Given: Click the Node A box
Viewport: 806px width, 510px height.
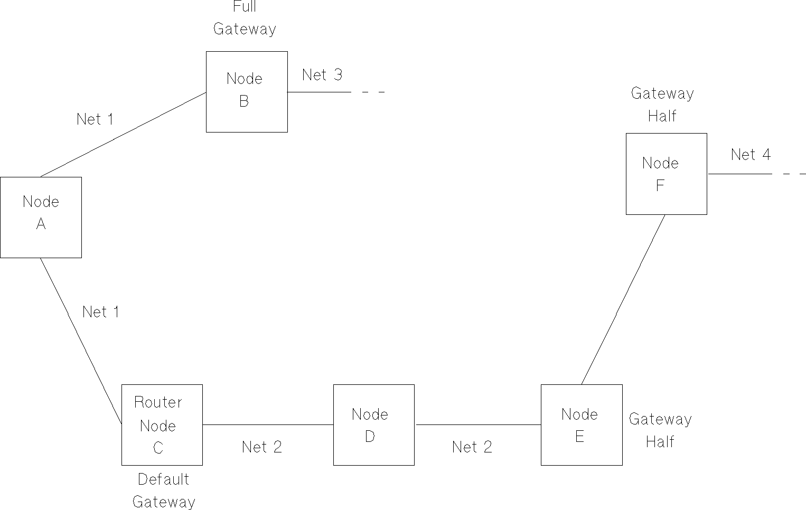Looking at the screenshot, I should tap(41, 217).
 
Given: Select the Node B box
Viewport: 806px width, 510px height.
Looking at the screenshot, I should tap(247, 91).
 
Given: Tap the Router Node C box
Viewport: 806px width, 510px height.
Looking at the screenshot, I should tap(162, 424).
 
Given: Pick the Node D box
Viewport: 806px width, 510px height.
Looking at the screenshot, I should tap(373, 424).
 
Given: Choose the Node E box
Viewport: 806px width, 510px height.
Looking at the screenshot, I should tap(581, 424).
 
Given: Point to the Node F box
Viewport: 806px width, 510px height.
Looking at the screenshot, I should tap(666, 174).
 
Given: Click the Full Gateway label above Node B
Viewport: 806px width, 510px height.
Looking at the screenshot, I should tap(245, 18).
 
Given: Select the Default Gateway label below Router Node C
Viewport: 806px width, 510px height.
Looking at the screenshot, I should tap(164, 490).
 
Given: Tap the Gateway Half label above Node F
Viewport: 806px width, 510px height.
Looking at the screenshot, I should tap(662, 105).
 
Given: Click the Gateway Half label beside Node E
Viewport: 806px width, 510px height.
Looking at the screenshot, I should tap(660, 430).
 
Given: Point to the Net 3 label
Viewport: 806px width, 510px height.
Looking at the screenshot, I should tap(322, 75).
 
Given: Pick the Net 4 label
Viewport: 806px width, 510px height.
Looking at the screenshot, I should tap(751, 155).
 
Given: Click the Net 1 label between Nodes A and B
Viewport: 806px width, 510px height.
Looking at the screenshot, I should tap(95, 119).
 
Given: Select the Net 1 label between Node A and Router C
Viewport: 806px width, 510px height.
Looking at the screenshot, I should tap(101, 312).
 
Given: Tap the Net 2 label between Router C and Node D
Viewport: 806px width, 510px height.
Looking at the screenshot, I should tap(262, 447).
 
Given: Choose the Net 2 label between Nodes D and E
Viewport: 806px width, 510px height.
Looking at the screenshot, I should tap(472, 447).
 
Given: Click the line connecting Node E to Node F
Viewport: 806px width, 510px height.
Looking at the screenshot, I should tap(623, 300).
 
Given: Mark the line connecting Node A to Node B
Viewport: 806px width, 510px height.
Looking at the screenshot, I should tap(124, 134).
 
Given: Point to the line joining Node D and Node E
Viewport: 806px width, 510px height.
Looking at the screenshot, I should tap(478, 424).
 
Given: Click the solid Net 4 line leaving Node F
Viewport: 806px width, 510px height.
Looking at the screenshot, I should tap(739, 174).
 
